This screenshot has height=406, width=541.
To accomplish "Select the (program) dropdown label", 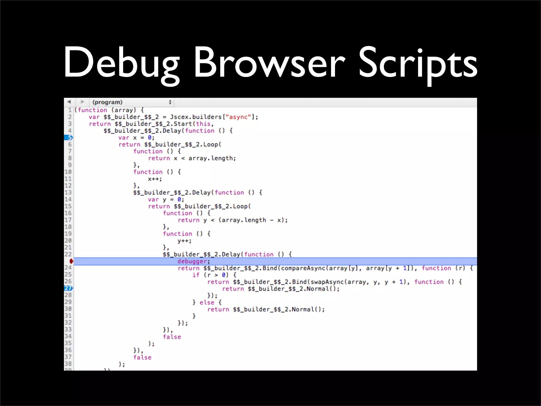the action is [x=107, y=102].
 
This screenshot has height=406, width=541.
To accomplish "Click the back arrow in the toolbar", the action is [x=69, y=102].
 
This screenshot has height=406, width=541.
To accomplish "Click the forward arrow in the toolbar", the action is [x=82, y=102].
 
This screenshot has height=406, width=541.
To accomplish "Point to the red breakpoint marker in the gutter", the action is [x=71, y=261].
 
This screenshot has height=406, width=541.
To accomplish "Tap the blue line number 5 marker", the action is [x=68, y=137].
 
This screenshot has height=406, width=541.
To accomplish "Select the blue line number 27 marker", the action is [x=68, y=288].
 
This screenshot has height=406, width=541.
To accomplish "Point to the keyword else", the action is [x=207, y=302].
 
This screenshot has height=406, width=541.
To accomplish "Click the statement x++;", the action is [x=155, y=179].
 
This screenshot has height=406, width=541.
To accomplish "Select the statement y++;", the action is [x=184, y=241].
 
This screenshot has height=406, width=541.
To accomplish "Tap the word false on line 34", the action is [x=172, y=337].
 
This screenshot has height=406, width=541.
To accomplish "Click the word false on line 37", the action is [x=142, y=357].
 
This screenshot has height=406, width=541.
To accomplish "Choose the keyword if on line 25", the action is [x=196, y=275].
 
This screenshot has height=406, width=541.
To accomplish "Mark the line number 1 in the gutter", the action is [x=70, y=110].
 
